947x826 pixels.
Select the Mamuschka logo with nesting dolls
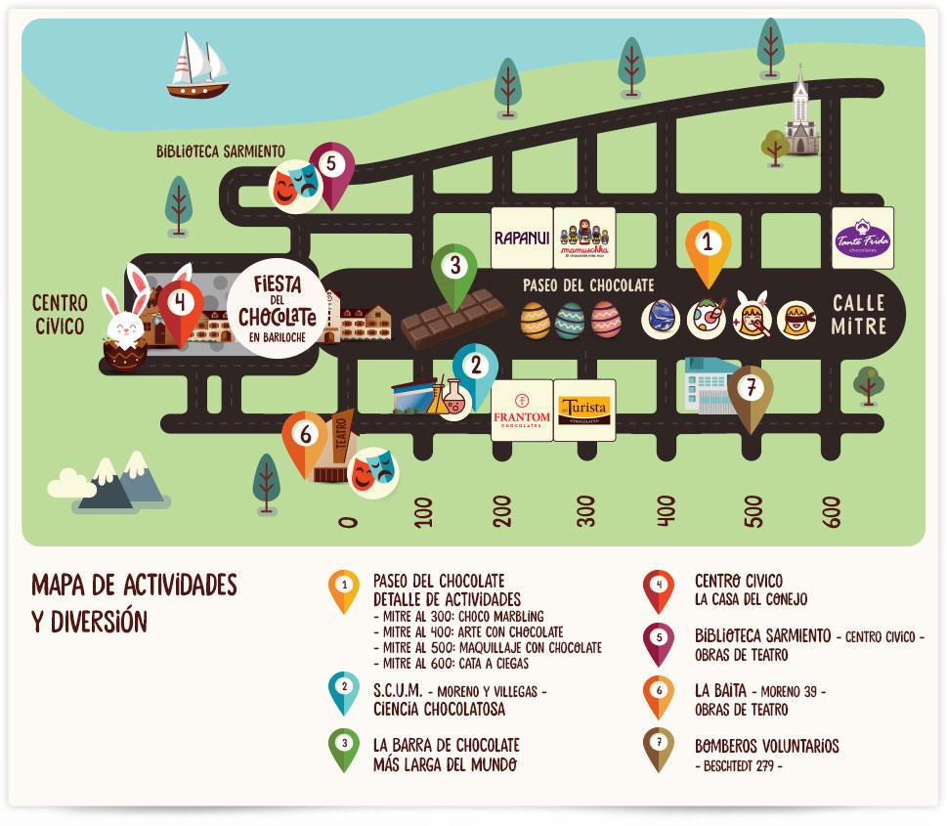coord(584,238)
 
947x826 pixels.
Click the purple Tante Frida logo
coord(862,238)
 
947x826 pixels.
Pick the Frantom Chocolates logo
coord(521,410)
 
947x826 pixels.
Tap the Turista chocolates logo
coord(584,410)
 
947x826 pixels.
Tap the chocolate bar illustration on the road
coord(453,319)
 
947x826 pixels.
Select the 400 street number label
coord(667,510)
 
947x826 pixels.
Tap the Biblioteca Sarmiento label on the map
coord(220,151)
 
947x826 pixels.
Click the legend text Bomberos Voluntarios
coord(766,746)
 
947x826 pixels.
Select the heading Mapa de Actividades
coord(134,585)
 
